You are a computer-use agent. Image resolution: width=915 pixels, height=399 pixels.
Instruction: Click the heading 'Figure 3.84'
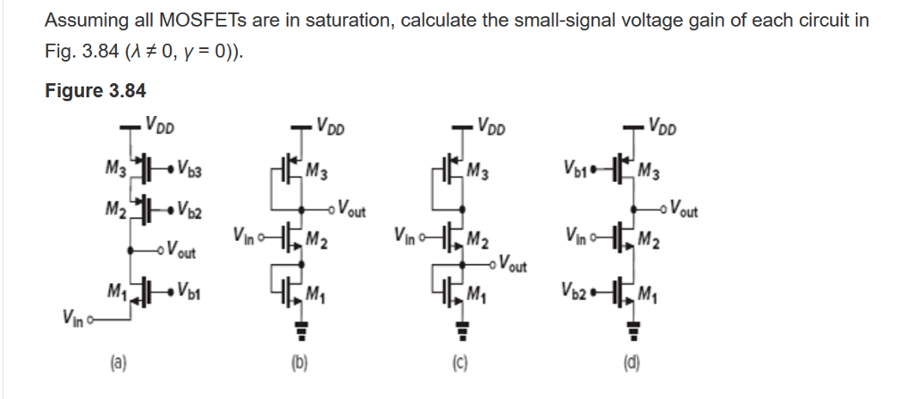[x=95, y=90]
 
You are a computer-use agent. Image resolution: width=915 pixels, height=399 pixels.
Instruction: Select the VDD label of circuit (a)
[x=159, y=125]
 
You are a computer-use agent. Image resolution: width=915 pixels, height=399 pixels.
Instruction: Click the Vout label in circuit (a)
[x=180, y=250]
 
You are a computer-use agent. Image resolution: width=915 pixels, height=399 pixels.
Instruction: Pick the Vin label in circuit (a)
[x=73, y=319]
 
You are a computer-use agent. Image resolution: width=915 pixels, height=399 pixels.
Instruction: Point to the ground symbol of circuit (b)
[x=302, y=329]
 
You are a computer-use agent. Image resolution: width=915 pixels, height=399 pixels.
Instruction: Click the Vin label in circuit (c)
[x=407, y=236]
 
